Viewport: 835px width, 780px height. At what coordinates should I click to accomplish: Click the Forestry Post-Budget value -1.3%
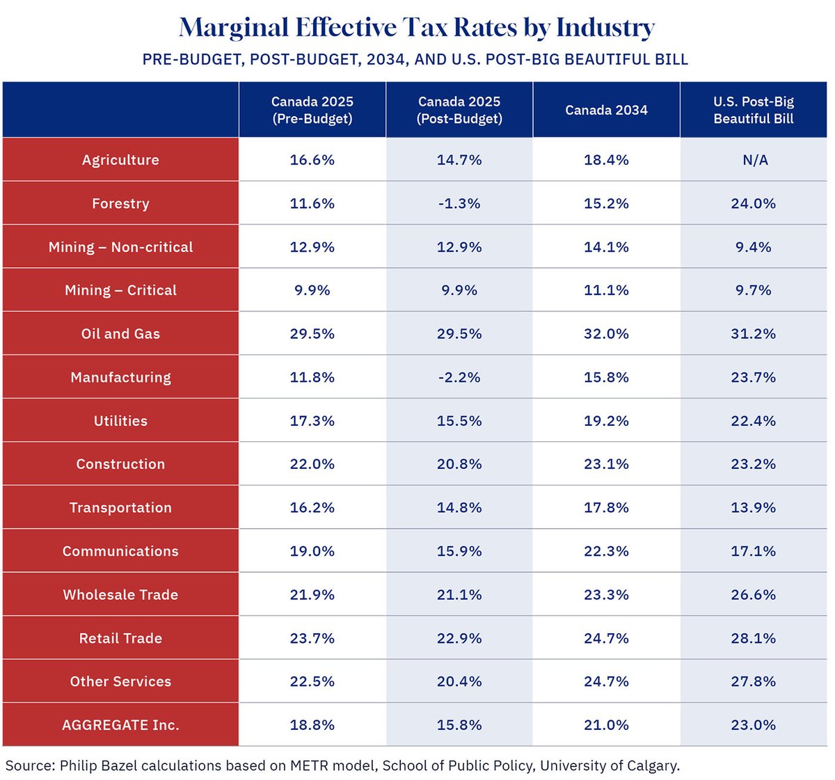(459, 203)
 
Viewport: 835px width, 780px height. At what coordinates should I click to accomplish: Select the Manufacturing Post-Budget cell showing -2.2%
(459, 377)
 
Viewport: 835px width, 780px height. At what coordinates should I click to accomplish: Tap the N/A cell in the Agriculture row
(755, 160)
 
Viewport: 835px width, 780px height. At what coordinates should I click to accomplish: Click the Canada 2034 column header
(606, 110)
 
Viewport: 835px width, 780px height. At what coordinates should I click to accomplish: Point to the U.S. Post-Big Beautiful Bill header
(754, 110)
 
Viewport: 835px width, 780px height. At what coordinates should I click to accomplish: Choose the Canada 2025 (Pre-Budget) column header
(312, 110)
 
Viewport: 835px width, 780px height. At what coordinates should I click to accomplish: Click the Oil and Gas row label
(120, 334)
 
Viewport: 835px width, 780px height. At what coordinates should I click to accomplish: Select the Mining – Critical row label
(120, 290)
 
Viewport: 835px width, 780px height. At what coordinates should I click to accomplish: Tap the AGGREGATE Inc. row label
(120, 725)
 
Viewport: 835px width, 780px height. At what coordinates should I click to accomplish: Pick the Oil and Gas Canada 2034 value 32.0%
(606, 334)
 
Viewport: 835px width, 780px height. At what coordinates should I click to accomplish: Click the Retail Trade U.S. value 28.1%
(754, 638)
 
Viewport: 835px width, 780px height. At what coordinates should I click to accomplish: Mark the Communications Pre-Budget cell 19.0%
(312, 551)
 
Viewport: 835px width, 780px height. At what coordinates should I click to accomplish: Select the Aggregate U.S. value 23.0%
(754, 725)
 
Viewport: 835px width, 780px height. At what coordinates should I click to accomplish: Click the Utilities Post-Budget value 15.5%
(459, 421)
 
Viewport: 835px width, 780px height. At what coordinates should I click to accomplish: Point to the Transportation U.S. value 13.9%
(754, 508)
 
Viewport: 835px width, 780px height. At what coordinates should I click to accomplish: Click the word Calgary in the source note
(652, 766)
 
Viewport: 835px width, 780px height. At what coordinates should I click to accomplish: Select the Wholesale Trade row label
(120, 595)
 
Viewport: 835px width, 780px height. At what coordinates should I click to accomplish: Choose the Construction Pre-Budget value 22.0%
(312, 464)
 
